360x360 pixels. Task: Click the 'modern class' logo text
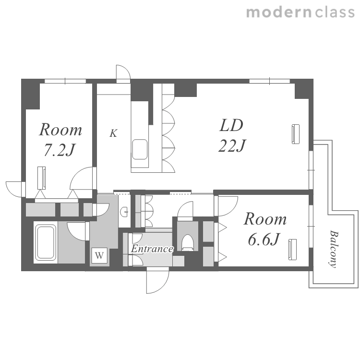coord(300,12)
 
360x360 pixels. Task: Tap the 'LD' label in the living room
coord(231,125)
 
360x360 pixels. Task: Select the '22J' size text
coord(232,145)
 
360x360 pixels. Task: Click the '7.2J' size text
coord(60,150)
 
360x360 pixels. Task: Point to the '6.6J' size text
coord(264,239)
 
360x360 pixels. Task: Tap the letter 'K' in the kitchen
coord(113,133)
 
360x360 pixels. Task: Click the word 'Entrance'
coord(152,249)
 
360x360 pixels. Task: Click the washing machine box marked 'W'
coord(99,255)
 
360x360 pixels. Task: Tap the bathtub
coord(46,242)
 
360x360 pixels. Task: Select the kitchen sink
coord(140,149)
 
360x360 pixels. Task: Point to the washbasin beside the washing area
coord(125,212)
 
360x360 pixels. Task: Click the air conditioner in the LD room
coord(296,134)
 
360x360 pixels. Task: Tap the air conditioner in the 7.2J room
coord(42,178)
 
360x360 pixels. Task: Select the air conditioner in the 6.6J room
coord(292,250)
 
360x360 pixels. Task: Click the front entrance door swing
coord(158,281)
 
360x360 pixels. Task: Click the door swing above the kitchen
coord(123,73)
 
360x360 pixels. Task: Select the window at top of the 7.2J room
coord(65,81)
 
